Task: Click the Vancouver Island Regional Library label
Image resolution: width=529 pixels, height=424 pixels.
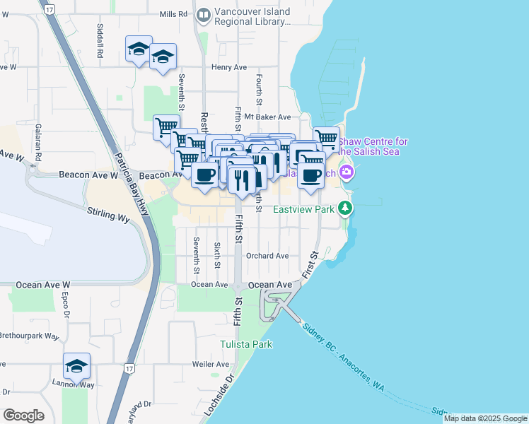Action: point(252,17)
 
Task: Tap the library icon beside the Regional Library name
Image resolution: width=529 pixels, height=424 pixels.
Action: point(204,14)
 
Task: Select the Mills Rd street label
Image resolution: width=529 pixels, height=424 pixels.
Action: point(174,14)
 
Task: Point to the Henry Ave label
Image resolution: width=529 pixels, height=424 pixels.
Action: point(229,67)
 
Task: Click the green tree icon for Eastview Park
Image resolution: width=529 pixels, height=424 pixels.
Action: point(345,208)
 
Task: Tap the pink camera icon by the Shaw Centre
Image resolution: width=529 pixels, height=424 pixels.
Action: point(347,172)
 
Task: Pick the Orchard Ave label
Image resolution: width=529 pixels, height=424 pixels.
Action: point(268,256)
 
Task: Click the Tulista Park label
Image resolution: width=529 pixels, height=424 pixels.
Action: point(245,344)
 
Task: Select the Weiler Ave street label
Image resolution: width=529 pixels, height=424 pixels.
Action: point(210,365)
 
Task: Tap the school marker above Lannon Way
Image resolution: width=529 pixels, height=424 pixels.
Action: point(76,365)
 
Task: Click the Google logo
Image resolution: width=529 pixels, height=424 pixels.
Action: point(23,416)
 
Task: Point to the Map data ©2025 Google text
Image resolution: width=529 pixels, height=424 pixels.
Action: point(485,418)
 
